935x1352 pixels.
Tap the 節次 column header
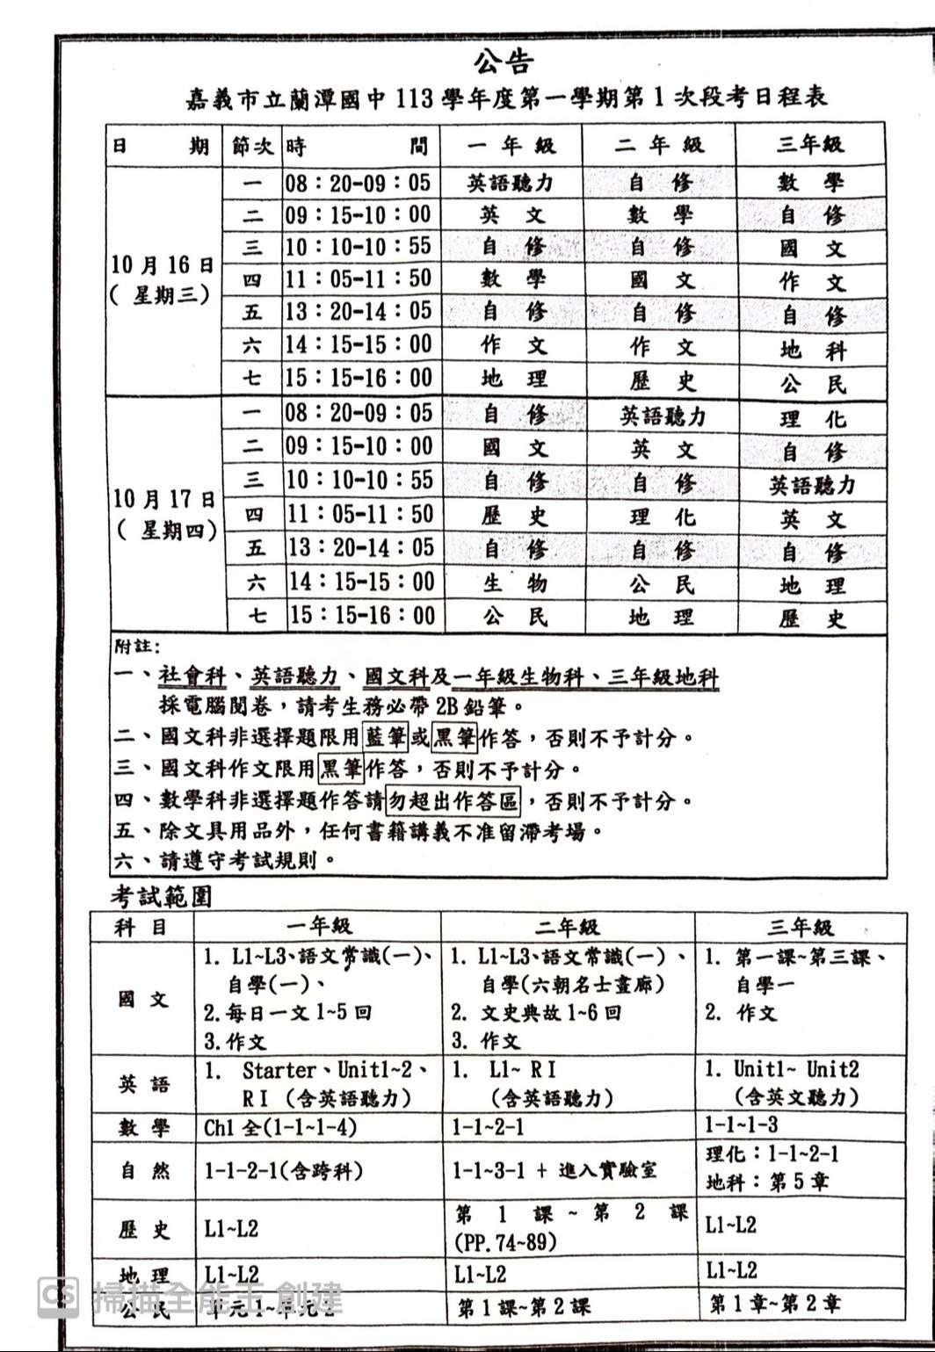point(252,146)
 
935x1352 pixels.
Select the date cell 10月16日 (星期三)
point(163,279)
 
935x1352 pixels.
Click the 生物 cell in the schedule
point(514,582)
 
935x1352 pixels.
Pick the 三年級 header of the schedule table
point(809,144)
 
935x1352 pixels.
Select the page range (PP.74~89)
point(505,1243)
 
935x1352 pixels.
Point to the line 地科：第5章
point(766,1182)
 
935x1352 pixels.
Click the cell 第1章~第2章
point(774,1304)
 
